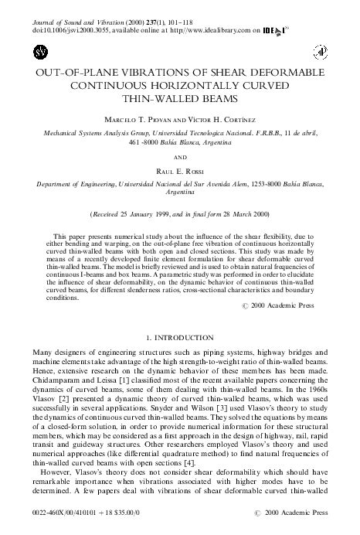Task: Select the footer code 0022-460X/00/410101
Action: tap(65, 513)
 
